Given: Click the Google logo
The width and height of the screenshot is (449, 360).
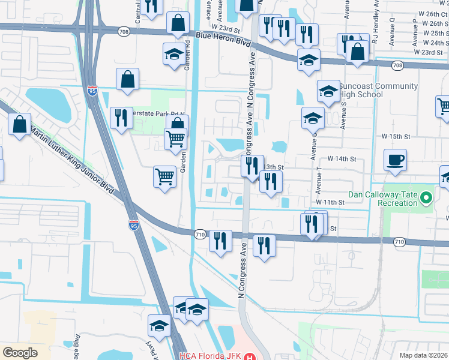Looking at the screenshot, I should pos(20,353).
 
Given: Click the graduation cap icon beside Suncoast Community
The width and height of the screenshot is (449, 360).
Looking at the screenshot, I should pos(328,91).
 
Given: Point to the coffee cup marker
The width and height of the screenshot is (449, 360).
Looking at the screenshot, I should pos(396,160).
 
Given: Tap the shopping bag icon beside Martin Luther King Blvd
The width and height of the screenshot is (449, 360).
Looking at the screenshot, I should pos(20,125).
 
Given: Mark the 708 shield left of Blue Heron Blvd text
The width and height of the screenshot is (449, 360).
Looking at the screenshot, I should pos(124,31).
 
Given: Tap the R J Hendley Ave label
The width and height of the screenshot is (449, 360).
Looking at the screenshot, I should pos(374,22).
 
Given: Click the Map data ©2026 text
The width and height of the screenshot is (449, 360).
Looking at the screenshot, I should pos(423,355).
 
